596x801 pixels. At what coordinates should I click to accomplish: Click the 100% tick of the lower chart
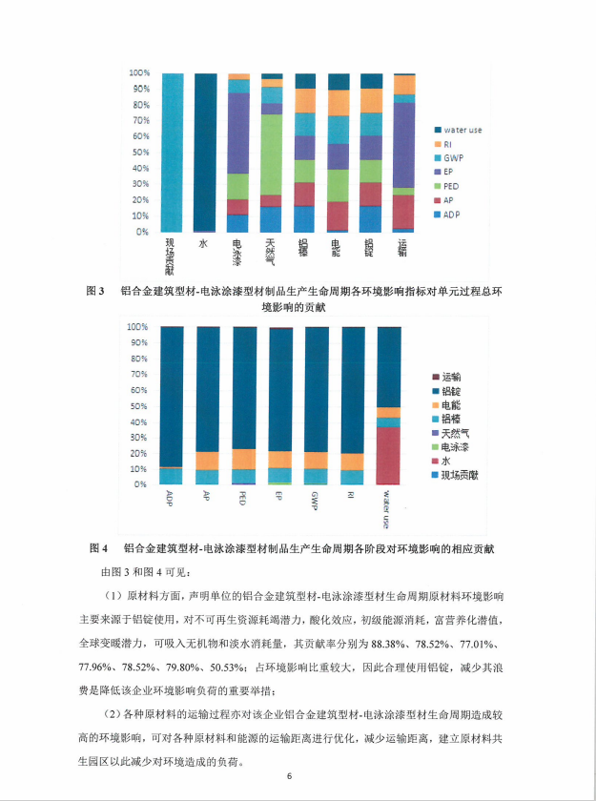pos(139,326)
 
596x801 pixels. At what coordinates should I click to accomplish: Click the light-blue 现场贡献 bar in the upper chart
pos(173,153)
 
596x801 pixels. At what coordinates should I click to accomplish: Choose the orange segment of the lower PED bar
pos(245,459)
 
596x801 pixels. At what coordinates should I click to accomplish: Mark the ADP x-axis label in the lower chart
pos(169,497)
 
